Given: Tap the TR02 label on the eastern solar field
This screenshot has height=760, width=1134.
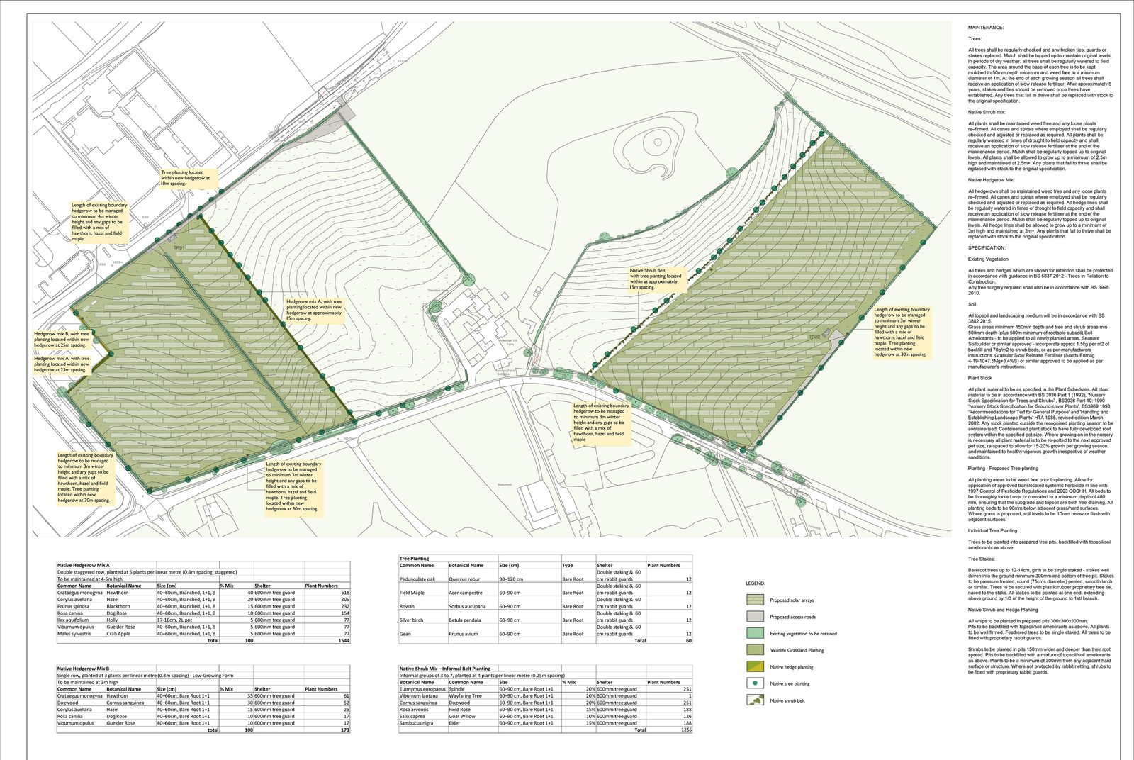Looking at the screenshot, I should tap(814, 337).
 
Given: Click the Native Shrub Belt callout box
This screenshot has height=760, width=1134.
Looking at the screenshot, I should tap(655, 279).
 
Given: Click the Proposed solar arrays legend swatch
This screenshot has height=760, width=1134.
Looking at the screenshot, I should tap(755, 600).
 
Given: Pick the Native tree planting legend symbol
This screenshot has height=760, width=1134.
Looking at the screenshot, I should tap(755, 683).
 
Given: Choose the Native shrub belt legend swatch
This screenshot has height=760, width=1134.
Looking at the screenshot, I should tap(755, 700).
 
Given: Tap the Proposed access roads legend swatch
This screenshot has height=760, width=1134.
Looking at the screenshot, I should tap(755, 617).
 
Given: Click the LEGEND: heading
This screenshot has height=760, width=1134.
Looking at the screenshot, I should tap(755, 583).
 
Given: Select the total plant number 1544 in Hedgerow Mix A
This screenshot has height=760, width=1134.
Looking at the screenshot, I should tap(343, 640).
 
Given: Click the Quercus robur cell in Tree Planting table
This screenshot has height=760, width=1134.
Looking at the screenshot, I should tap(464, 579).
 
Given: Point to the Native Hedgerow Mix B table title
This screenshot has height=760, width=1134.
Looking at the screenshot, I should tap(84, 669).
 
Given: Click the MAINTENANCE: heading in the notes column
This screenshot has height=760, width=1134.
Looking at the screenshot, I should tap(985, 28).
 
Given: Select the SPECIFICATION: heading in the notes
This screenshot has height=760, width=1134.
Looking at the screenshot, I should tap(987, 248).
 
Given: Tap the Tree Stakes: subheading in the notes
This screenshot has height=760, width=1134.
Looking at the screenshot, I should tap(982, 559).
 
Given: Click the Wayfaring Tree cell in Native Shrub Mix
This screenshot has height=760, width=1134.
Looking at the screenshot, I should tap(465, 696).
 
